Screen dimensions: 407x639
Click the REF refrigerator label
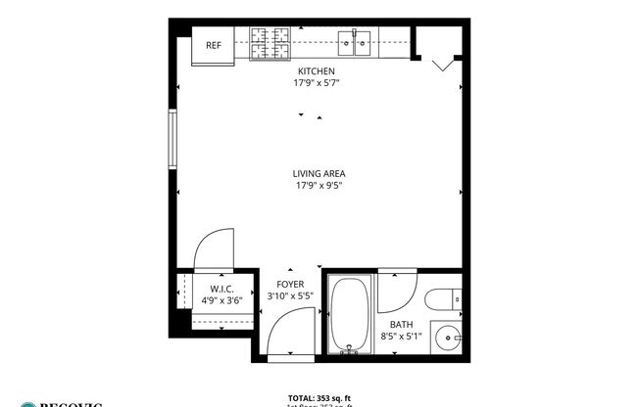[212, 45]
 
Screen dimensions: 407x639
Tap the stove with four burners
[269, 41]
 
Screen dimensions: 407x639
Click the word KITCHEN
[317, 71]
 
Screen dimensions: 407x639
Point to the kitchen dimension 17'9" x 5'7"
[317, 83]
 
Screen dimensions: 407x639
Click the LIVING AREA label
[319, 174]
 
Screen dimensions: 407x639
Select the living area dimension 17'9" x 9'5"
[319, 186]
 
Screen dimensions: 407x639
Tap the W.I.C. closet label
[220, 289]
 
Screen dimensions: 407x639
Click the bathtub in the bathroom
[348, 316]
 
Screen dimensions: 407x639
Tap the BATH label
[401, 325]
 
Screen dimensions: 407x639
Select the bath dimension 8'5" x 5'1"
[401, 337]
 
